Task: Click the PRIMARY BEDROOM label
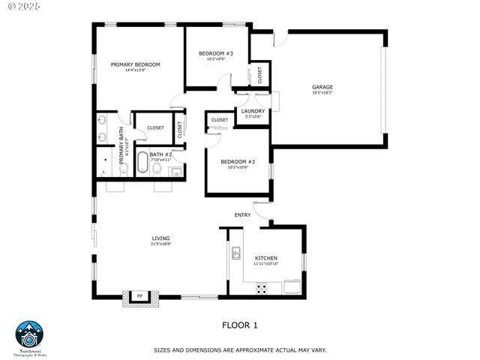click(x=135, y=64)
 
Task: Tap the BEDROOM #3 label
click(x=216, y=53)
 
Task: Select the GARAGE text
click(x=322, y=87)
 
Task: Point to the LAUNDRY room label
click(x=253, y=111)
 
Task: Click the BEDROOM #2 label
click(x=238, y=162)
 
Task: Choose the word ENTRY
click(x=242, y=215)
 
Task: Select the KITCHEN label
click(x=265, y=258)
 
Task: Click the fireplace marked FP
click(x=139, y=298)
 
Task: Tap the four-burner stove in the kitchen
click(x=263, y=287)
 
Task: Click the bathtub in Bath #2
click(x=142, y=163)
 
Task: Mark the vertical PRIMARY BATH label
click(x=121, y=145)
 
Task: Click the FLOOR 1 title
click(x=240, y=325)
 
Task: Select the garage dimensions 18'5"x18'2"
click(x=322, y=94)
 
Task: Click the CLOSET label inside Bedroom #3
click(x=260, y=74)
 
